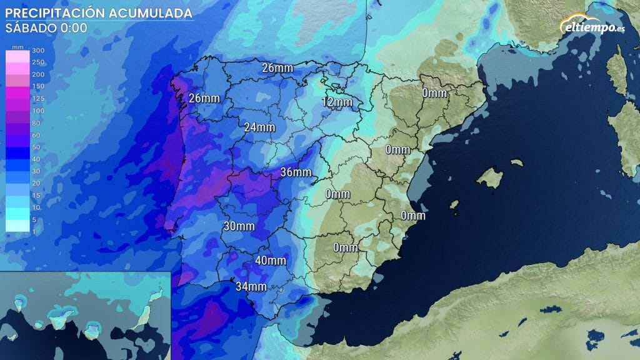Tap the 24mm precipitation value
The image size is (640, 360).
click(x=259, y=127)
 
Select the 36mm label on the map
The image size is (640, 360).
click(x=296, y=172)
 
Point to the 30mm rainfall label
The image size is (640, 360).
click(x=239, y=226)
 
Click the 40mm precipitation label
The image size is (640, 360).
click(x=271, y=261)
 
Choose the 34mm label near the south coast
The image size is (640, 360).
click(x=251, y=287)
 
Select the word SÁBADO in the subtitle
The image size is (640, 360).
click(x=30, y=28)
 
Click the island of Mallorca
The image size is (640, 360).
click(x=489, y=177)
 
